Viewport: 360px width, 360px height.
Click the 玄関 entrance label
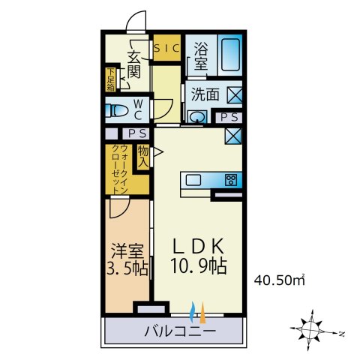(x=134, y=64)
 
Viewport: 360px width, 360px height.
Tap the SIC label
(x=166, y=48)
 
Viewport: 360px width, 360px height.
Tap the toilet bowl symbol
(x=118, y=111)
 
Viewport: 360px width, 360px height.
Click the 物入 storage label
(x=142, y=157)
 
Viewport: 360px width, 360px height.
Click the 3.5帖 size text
(x=127, y=268)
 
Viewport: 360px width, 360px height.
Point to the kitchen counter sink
(x=193, y=179)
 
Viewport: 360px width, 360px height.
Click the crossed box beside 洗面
(x=234, y=95)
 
